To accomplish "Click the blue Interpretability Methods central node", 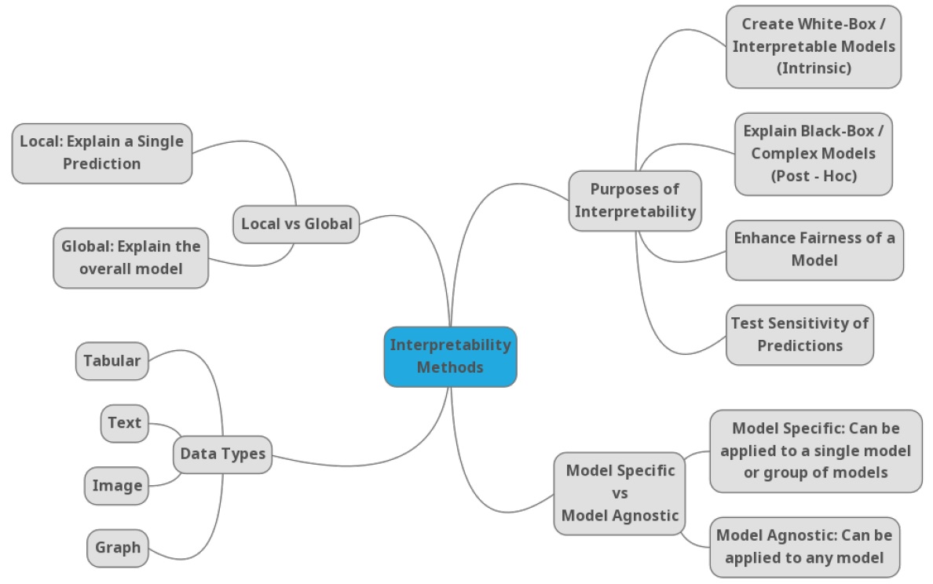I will (450, 356).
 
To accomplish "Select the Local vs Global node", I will (296, 224).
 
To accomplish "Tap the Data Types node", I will (222, 454).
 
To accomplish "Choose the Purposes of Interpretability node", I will (635, 200).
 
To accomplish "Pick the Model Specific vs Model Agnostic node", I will (620, 493).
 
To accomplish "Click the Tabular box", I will (112, 361).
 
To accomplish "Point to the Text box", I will (124, 423).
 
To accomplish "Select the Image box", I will (117, 485).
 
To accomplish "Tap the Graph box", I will (118, 547).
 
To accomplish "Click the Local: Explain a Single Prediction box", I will (101, 153).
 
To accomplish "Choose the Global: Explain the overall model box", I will (130, 257).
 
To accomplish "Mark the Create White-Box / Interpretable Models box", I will (813, 46).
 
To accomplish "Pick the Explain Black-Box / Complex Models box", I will (813, 153).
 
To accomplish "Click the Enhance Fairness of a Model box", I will (814, 249).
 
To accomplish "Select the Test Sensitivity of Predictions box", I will (799, 334).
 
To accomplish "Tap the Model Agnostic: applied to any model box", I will (803, 546).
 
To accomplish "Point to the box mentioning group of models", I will (815, 451).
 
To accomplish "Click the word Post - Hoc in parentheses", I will (814, 176).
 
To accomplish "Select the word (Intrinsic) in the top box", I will (813, 68).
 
